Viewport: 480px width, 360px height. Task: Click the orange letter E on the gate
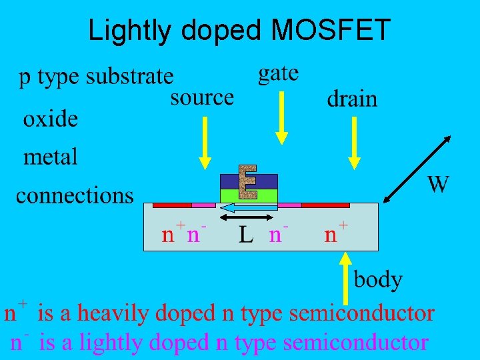[248, 181]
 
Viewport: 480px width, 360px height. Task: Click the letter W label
[437, 184]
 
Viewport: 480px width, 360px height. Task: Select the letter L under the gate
[246, 235]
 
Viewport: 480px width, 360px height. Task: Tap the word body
[378, 279]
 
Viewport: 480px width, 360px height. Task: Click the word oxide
[51, 120]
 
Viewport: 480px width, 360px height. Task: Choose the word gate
[278, 73]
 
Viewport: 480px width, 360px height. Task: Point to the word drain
[351, 99]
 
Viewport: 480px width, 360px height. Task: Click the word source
[202, 97]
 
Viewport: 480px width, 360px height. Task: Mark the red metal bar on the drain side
[325, 205]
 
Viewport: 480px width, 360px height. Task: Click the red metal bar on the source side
[172, 205]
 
